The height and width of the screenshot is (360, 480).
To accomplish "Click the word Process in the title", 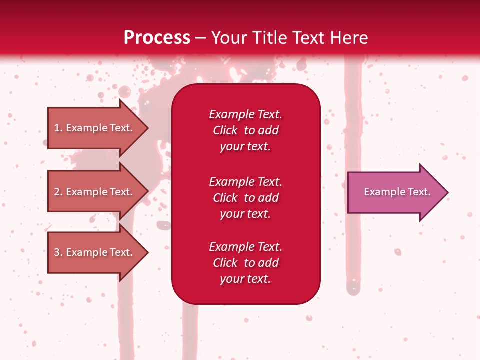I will (x=157, y=38).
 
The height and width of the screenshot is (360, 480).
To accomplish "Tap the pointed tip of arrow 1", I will (x=147, y=128).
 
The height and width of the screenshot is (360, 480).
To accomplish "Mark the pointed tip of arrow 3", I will (x=147, y=253).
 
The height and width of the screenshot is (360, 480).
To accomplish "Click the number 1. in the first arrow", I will (x=58, y=128).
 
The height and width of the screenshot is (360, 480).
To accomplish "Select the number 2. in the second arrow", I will (x=58, y=192).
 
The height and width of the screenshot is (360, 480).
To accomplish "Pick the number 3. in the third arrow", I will (x=58, y=252).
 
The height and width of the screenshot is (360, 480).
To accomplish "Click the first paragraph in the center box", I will (x=245, y=130).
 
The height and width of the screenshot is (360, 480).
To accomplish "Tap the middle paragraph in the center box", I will (x=245, y=198).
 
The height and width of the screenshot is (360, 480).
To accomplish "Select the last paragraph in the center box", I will (x=245, y=263).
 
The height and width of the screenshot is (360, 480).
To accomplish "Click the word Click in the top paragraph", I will (x=225, y=130).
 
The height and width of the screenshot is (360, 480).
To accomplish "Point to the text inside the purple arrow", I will (x=397, y=192).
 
